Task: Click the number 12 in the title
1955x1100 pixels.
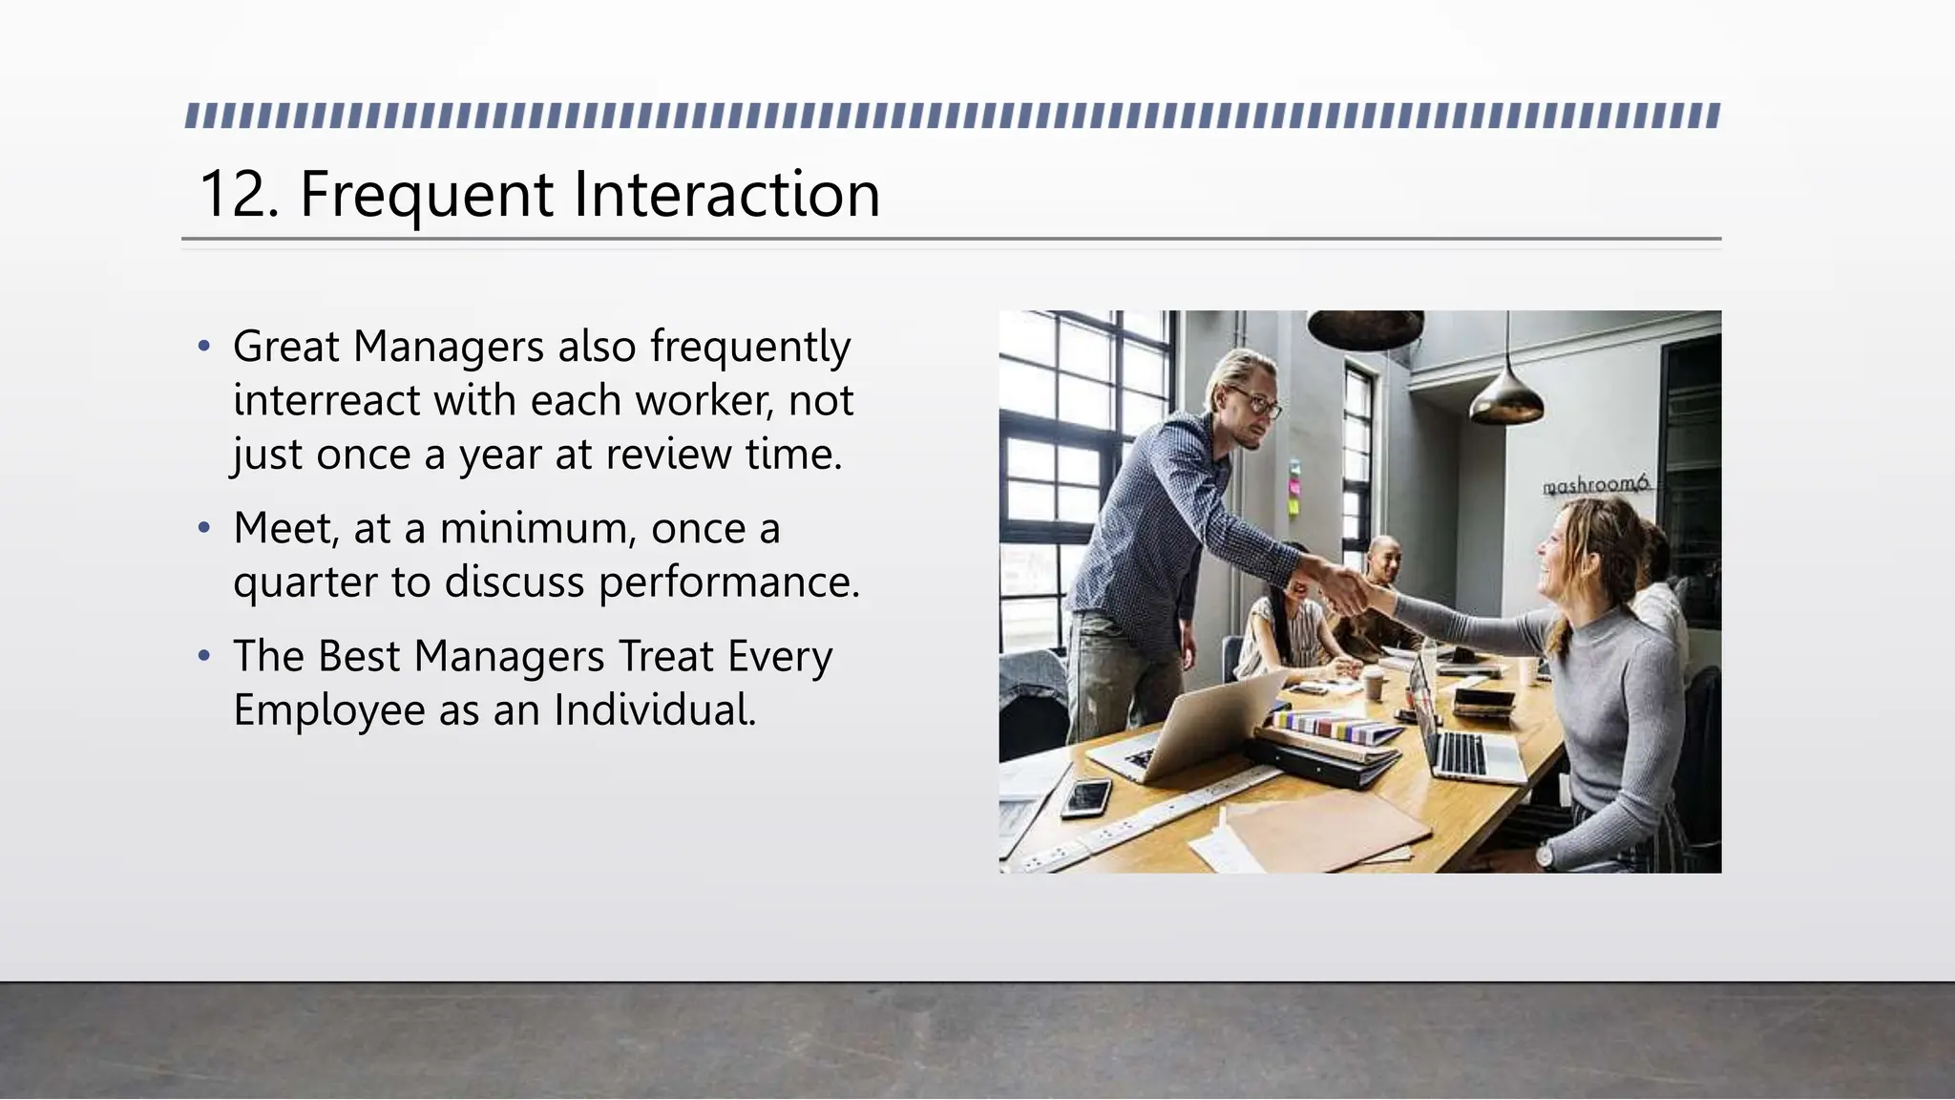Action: click(228, 195)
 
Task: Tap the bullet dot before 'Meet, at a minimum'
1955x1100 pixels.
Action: click(203, 528)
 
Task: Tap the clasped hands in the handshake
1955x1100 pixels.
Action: click(1347, 589)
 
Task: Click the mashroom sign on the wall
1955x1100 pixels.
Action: click(1595, 485)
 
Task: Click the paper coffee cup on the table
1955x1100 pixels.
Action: click(1373, 683)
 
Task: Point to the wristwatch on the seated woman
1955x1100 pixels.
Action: click(1544, 857)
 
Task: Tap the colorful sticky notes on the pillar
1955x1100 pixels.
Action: click(1294, 486)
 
